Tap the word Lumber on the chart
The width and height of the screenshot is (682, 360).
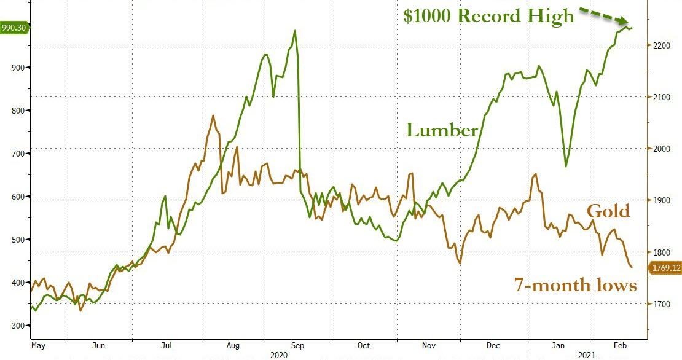pyautogui.click(x=441, y=130)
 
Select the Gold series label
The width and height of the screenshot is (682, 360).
pyautogui.click(x=608, y=211)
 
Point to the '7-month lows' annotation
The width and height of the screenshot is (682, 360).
pyautogui.click(x=575, y=285)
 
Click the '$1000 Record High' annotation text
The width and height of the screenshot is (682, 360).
pyautogui.click(x=488, y=16)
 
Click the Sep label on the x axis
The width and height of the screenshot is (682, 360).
pyautogui.click(x=297, y=346)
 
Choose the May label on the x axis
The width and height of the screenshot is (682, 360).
pyautogui.click(x=39, y=346)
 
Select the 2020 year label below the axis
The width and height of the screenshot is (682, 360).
pyautogui.click(x=280, y=356)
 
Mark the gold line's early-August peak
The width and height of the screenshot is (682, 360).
pyautogui.click(x=213, y=115)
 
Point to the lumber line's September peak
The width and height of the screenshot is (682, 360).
pyautogui.click(x=296, y=31)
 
